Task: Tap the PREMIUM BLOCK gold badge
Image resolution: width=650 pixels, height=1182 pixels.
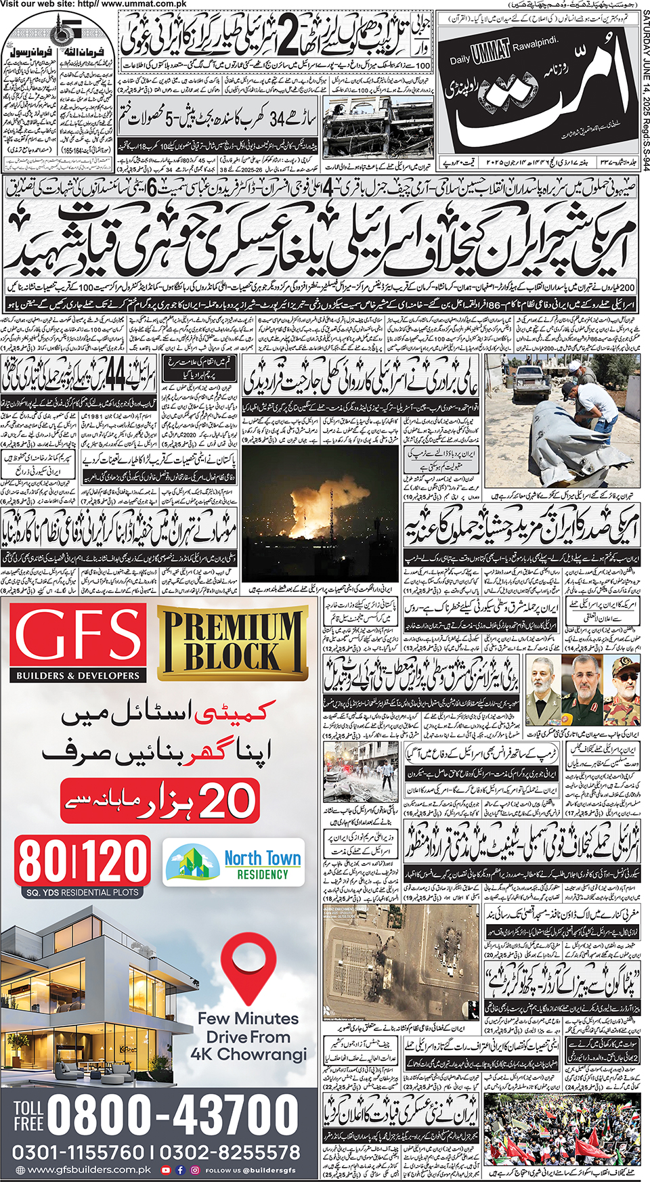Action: click(x=231, y=643)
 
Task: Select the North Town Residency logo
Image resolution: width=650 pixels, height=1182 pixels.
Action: click(x=234, y=864)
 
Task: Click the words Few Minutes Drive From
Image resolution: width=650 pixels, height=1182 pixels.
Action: click(x=248, y=1028)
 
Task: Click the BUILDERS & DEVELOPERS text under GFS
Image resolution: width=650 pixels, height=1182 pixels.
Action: click(x=78, y=676)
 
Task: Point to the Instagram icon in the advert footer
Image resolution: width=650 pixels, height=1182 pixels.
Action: click(x=195, y=1170)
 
